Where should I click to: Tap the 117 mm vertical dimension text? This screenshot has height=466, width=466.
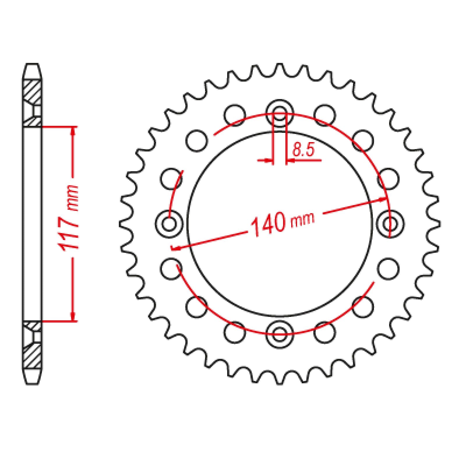tap(69, 217)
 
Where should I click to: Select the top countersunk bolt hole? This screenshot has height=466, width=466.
tap(280, 114)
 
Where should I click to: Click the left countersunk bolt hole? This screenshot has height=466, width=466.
tap(169, 224)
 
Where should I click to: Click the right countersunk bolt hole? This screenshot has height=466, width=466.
tap(391, 224)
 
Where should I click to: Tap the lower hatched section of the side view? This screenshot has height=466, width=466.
tap(32, 357)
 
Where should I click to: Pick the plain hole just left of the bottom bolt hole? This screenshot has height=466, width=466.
tap(235, 333)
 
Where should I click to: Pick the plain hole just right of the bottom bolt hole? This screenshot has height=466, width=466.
tap(325, 333)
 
